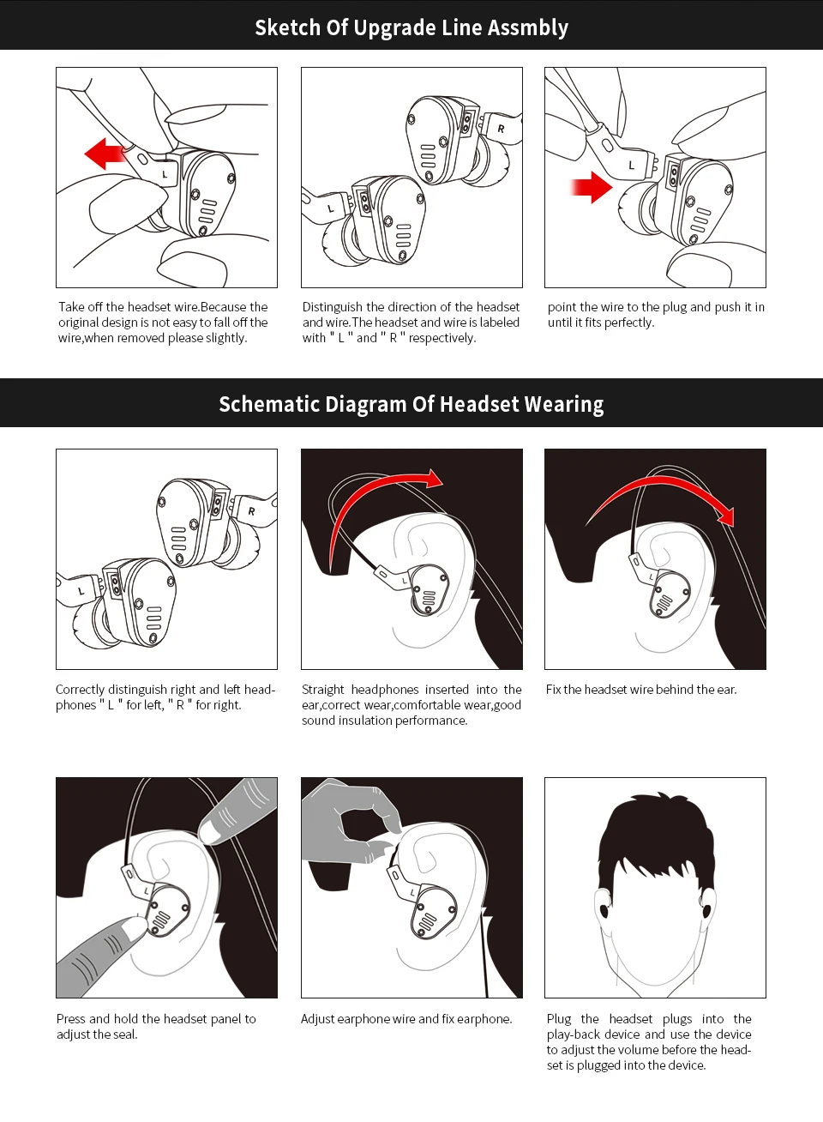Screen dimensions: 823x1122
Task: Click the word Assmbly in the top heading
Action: pos(527,28)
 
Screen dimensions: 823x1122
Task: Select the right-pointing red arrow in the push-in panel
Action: pos(592,187)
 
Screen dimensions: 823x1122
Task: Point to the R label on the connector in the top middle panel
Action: pos(501,129)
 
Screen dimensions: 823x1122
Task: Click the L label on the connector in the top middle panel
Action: pos(330,208)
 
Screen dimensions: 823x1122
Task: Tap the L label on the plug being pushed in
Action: pos(632,165)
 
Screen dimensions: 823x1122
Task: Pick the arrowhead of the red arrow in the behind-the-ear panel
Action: pos(725,516)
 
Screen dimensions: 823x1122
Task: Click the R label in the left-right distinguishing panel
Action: pos(251,511)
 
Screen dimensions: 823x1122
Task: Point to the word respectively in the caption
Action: pos(442,338)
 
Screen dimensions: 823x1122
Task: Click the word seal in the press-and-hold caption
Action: pos(126,1035)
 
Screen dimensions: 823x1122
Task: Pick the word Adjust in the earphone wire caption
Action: pos(317,1019)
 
